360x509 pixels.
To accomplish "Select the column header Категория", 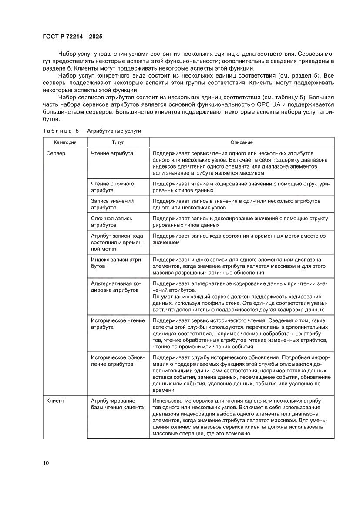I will [65, 142].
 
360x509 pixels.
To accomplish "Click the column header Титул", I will [118, 142].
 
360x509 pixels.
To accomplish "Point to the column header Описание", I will [242, 142].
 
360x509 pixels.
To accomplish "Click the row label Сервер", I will [56, 153].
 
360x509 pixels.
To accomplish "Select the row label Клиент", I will [55, 401].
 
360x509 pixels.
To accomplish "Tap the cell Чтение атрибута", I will [112, 153].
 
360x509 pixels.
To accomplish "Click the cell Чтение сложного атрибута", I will [112, 187].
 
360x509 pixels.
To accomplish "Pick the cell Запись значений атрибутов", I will [112, 205].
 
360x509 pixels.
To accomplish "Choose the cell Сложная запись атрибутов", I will [111, 222].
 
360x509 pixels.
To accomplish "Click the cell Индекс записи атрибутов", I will [117, 263].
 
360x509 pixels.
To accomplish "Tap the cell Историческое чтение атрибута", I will [118, 324].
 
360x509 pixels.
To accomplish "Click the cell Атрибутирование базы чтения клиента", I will [117, 404].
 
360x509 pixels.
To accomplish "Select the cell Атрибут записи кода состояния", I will [117, 242].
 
